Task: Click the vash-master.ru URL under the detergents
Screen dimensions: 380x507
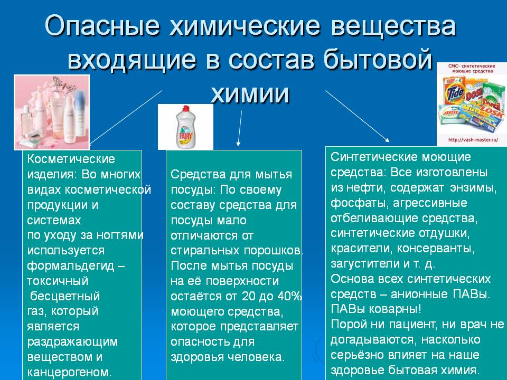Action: (473, 140)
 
